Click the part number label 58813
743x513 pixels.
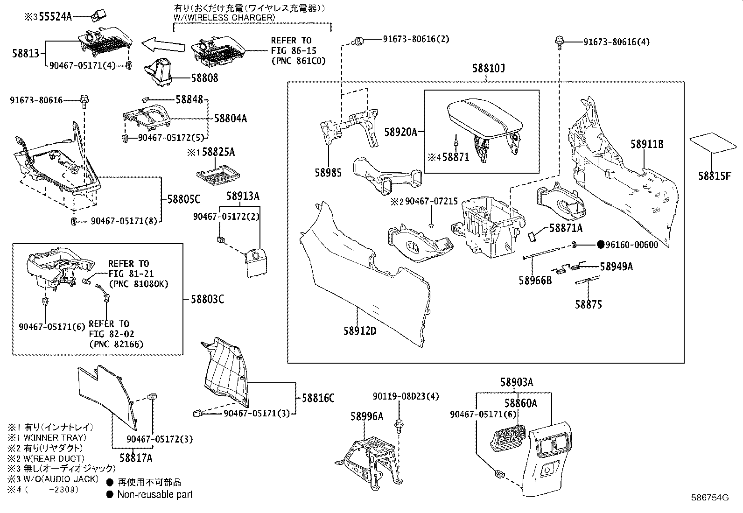click(x=26, y=53)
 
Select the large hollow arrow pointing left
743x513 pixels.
click(x=163, y=45)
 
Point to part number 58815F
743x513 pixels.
click(x=715, y=176)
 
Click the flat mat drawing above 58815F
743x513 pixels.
click(x=713, y=143)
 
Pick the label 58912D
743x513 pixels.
click(x=360, y=331)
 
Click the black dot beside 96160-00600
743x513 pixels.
click(x=600, y=245)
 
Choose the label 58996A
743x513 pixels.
click(x=367, y=416)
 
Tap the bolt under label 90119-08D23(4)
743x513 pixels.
click(x=399, y=426)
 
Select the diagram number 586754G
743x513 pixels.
click(x=710, y=498)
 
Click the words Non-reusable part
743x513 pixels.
click(x=155, y=494)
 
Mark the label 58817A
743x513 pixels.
click(x=136, y=458)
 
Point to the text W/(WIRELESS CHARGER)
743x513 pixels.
click(x=224, y=18)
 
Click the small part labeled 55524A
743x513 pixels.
click(x=99, y=15)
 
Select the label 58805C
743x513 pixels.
click(x=184, y=199)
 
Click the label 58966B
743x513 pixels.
click(x=535, y=281)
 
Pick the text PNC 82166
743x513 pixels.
click(x=116, y=344)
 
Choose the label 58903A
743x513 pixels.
click(x=517, y=382)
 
